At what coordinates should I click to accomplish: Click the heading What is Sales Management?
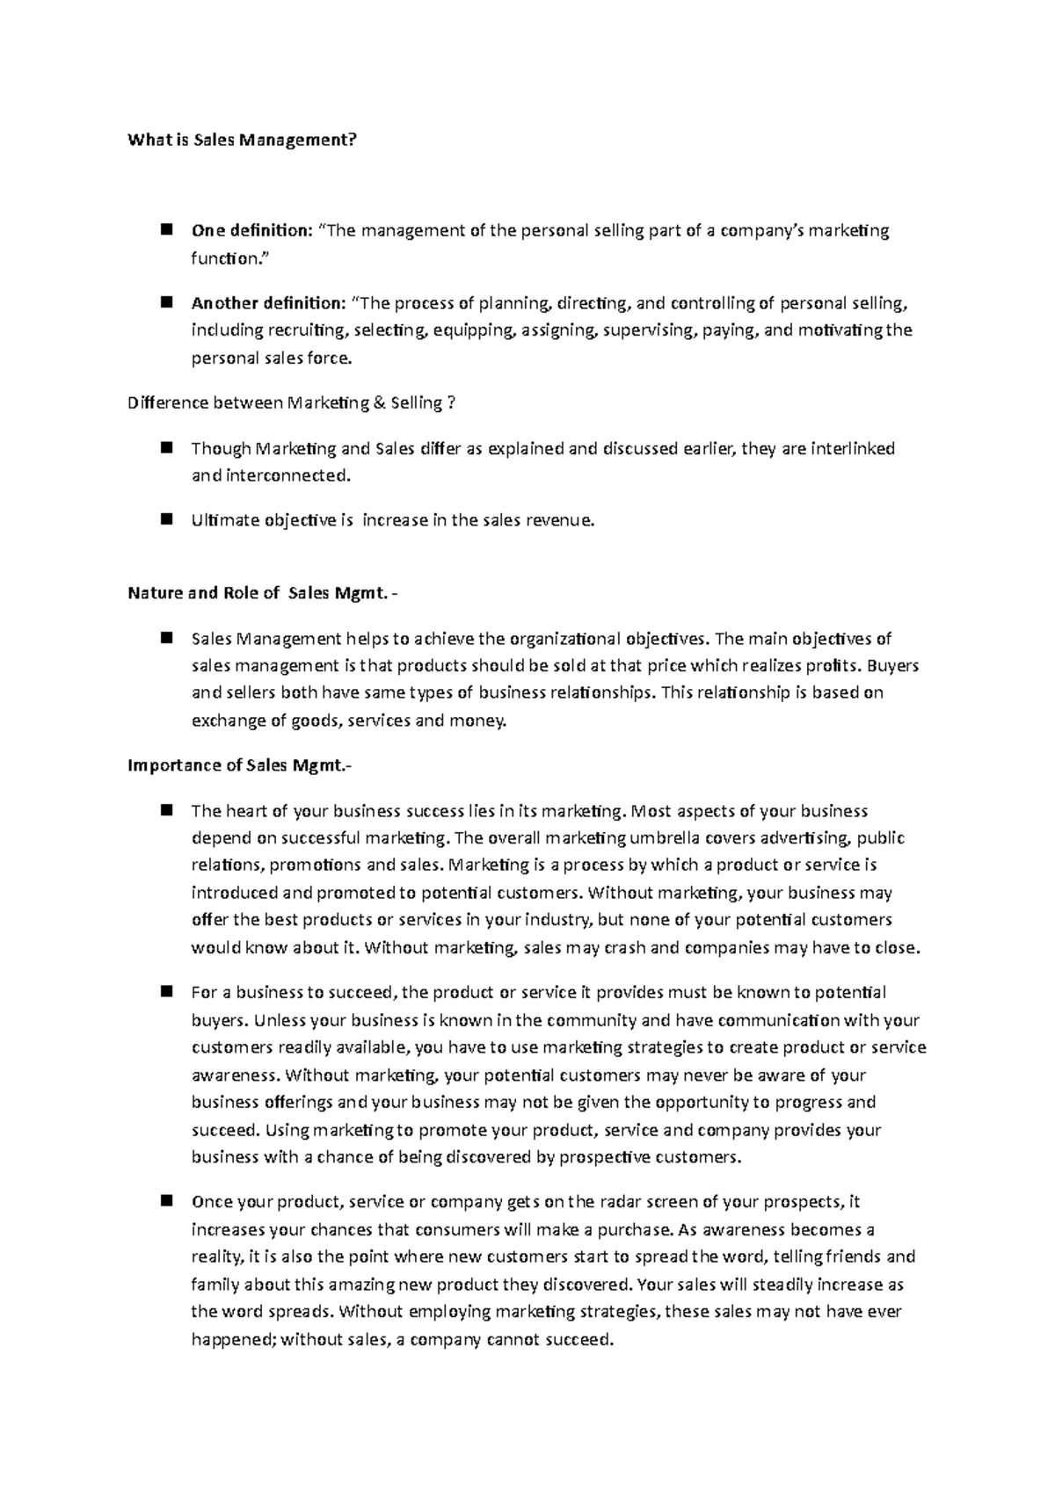243,140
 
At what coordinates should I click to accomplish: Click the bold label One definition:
251,231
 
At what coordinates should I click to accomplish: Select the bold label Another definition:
269,304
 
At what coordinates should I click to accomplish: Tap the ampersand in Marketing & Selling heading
379,403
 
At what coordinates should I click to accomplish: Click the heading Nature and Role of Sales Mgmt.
257,593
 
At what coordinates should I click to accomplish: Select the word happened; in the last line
233,1341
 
